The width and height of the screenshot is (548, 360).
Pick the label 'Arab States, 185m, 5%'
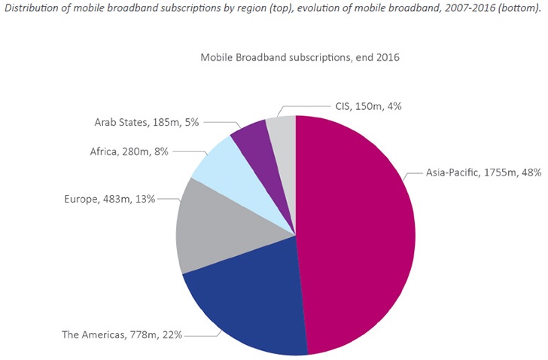coord(148,121)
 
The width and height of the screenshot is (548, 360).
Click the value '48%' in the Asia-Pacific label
coord(531,172)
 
